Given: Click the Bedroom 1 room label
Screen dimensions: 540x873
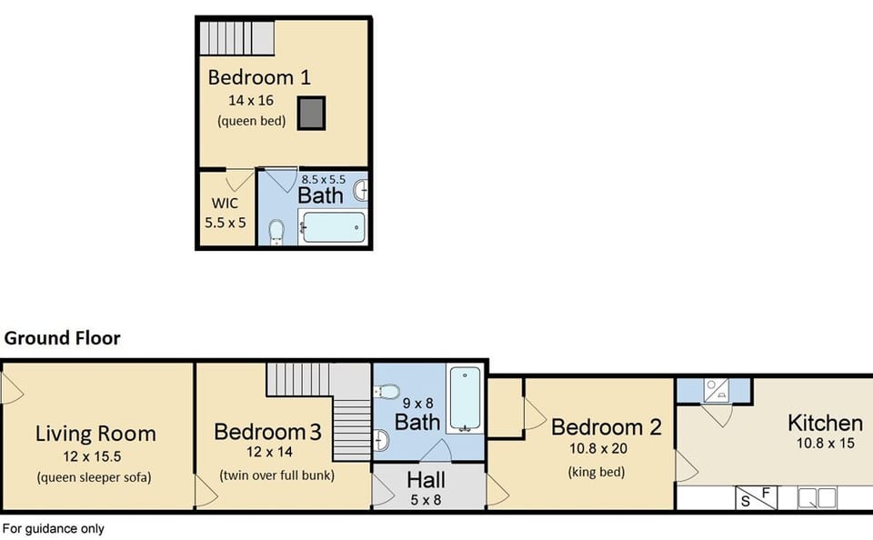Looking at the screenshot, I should coord(259,76).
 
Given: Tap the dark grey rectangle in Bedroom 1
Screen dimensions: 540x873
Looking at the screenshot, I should coord(313,112).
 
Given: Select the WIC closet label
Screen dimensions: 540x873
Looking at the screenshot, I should coord(225,204).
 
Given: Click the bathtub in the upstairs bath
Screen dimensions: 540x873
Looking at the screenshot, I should coord(333,227).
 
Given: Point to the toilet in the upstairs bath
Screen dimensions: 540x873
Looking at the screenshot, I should coord(277,231).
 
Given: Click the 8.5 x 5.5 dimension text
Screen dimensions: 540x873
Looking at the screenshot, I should coord(323,180).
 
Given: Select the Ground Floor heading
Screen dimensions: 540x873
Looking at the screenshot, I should coord(62,338).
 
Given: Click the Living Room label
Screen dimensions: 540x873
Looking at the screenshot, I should coord(95,434).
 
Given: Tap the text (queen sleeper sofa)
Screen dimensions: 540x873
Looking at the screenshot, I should coord(95,477).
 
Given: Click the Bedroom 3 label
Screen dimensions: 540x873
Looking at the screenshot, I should coord(267,431).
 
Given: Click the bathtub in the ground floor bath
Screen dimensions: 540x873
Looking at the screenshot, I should coord(464,399).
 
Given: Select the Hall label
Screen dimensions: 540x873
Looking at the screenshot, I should coord(426,479).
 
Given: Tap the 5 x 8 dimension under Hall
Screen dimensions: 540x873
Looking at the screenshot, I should coord(426,498).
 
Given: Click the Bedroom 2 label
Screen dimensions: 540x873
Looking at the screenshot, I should coord(606,426).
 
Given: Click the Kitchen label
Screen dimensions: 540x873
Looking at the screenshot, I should coord(824,423).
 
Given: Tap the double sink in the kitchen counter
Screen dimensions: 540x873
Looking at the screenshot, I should coord(816,498).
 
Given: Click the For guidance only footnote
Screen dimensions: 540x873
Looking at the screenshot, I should coord(53,528).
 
